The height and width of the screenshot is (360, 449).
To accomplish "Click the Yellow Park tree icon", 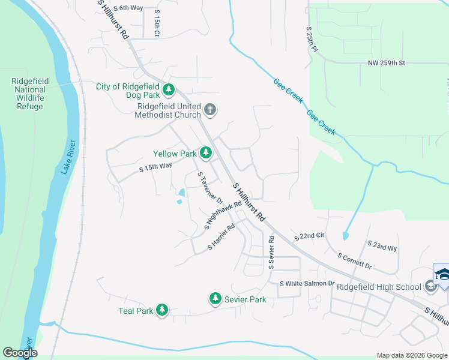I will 206,154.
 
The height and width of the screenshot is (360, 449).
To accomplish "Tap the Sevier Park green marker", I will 215,298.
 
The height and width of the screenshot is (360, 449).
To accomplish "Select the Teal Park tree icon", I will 161,310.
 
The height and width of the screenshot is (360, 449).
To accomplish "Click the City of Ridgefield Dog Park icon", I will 169,90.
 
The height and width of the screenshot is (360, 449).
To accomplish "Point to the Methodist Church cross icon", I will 209,109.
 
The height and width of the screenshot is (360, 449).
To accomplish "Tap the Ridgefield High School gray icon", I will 430,287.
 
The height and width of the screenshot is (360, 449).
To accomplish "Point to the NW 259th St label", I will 387,63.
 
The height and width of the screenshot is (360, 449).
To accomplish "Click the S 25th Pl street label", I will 310,39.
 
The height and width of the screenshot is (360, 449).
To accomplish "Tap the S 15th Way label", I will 155,167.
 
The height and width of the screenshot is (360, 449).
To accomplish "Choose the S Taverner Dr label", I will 211,188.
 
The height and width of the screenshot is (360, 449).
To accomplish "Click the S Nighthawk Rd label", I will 223,215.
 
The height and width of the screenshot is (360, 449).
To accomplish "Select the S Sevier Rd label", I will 271,251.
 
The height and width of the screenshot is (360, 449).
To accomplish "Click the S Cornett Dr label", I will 355,260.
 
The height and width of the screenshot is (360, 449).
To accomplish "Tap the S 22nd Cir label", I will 309,237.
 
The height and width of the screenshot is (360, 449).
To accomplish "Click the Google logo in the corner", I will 20,352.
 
